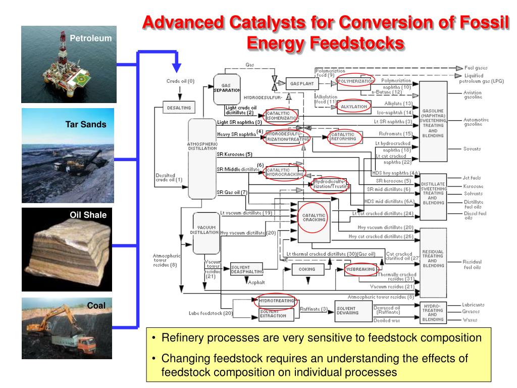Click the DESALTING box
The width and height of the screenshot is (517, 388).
[179, 107]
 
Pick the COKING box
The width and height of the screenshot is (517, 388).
[306, 269]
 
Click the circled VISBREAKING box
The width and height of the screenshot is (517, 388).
[360, 269]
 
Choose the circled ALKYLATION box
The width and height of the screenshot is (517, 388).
[354, 107]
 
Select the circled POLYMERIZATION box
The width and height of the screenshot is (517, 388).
[355, 81]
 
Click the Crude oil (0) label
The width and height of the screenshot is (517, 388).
[180, 81]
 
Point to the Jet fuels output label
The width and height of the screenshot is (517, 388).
[473, 178]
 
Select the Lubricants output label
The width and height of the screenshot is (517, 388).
[473, 305]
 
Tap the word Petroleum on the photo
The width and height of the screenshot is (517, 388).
[90, 38]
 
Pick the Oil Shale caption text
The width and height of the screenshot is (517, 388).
[88, 215]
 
